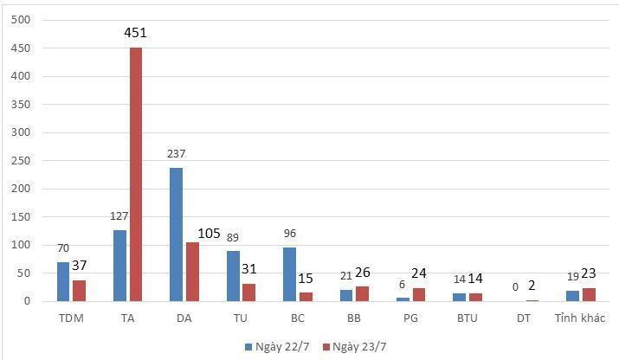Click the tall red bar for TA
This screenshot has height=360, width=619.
(136, 174)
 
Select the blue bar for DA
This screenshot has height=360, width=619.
(176, 235)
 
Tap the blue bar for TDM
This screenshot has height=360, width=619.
(63, 281)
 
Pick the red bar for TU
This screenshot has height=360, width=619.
(249, 292)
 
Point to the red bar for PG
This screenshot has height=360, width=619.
(419, 294)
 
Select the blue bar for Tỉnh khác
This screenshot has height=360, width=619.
(572, 296)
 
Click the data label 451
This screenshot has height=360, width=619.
(136, 34)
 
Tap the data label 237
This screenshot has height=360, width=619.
(176, 154)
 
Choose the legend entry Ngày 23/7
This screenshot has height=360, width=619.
(351, 346)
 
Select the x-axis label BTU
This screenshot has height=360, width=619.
(468, 318)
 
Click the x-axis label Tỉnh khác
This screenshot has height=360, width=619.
(581, 318)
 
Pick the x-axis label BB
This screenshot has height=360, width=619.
(354, 318)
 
